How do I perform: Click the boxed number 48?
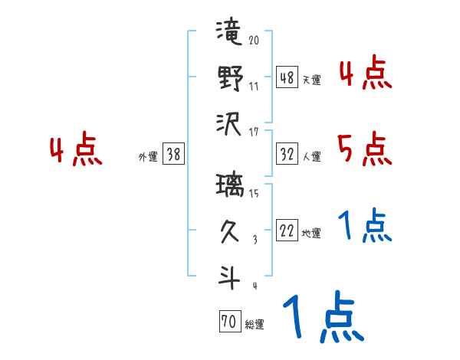pyautogui.click(x=287, y=77)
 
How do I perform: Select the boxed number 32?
pyautogui.click(x=287, y=154)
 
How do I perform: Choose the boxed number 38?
pyautogui.click(x=173, y=155)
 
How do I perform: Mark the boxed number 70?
pyautogui.click(x=228, y=322)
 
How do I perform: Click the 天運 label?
pyautogui.click(x=311, y=80)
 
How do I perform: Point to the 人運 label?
pyautogui.click(x=311, y=156)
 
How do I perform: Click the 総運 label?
pyautogui.click(x=254, y=325)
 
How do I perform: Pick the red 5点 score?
pyautogui.click(x=364, y=149)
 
